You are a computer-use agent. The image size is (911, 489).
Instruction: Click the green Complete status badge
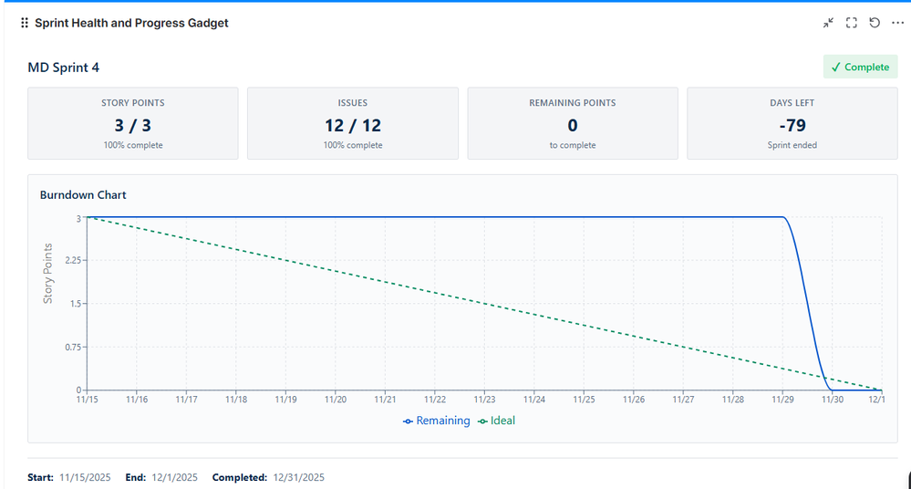pyautogui.click(x=860, y=67)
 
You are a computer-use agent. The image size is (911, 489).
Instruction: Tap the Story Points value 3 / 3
pyautogui.click(x=132, y=125)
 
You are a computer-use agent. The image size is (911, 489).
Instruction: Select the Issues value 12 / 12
pyautogui.click(x=352, y=125)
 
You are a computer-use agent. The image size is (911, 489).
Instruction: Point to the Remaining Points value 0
pyautogui.click(x=572, y=125)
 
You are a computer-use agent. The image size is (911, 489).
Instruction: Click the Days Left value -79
pyautogui.click(x=792, y=125)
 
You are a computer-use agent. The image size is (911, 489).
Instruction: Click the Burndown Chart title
pyautogui.click(x=83, y=194)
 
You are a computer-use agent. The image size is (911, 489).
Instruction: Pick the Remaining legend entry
pyautogui.click(x=437, y=421)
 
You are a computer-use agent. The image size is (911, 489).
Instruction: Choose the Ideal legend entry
pyautogui.click(x=496, y=421)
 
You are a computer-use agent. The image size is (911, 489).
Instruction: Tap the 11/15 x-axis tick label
pyautogui.click(x=88, y=400)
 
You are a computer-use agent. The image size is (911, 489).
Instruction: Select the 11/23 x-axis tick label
pyautogui.click(x=484, y=400)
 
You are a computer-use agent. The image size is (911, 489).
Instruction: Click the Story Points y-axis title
pyautogui.click(x=48, y=274)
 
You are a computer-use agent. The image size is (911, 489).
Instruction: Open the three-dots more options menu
pyautogui.click(x=897, y=23)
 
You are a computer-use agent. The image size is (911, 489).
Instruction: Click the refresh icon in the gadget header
pyautogui.click(x=875, y=23)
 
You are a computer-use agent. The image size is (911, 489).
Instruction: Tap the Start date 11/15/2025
pyautogui.click(x=85, y=477)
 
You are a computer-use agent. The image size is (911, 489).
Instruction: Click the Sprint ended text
pyautogui.click(x=792, y=145)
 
